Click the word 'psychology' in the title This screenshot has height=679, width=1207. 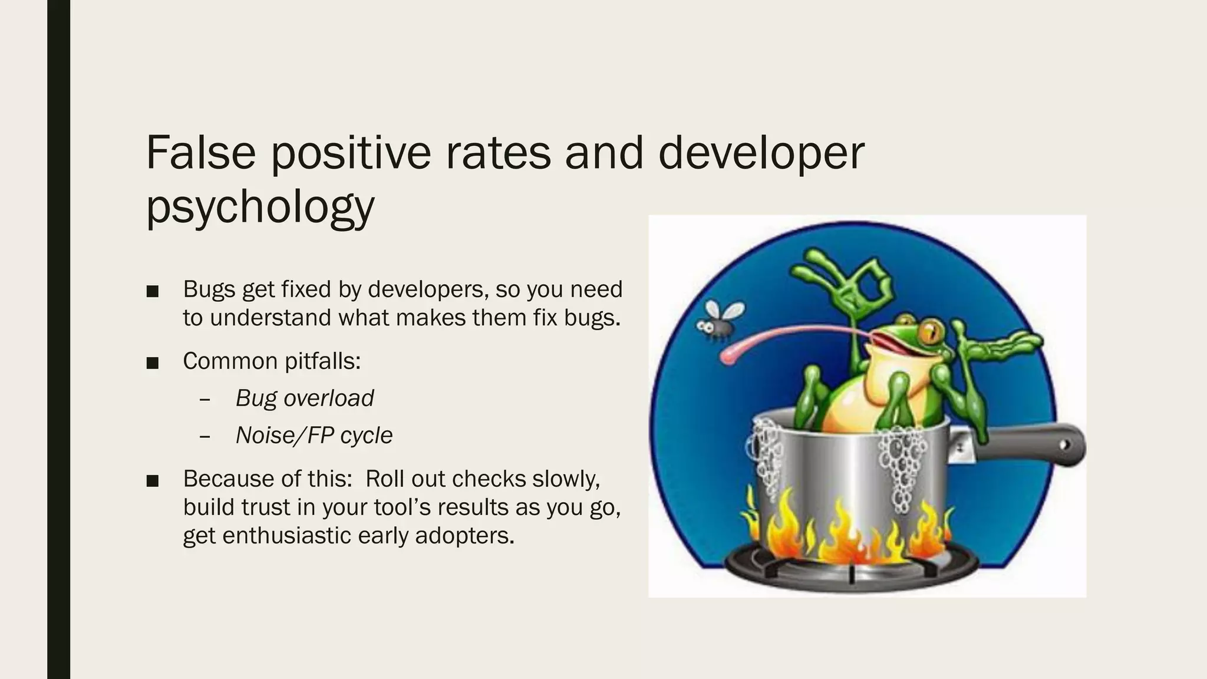(x=260, y=207)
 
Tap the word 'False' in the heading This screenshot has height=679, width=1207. (x=200, y=153)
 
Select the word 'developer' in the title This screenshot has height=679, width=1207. (x=760, y=153)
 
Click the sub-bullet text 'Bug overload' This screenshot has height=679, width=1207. (x=305, y=398)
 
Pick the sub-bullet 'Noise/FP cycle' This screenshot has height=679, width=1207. (x=314, y=436)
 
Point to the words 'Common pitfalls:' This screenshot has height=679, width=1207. (x=272, y=361)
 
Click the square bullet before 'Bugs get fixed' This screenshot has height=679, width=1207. (x=153, y=291)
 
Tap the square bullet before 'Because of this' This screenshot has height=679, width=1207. (x=153, y=480)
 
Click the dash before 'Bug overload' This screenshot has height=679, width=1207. (x=205, y=400)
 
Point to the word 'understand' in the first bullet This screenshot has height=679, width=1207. (x=271, y=318)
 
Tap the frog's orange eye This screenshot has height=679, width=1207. (x=927, y=330)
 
